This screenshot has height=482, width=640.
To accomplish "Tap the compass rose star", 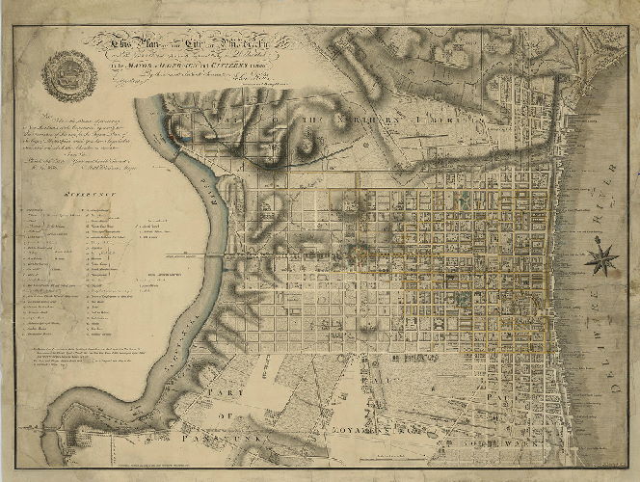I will [x=603, y=257].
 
